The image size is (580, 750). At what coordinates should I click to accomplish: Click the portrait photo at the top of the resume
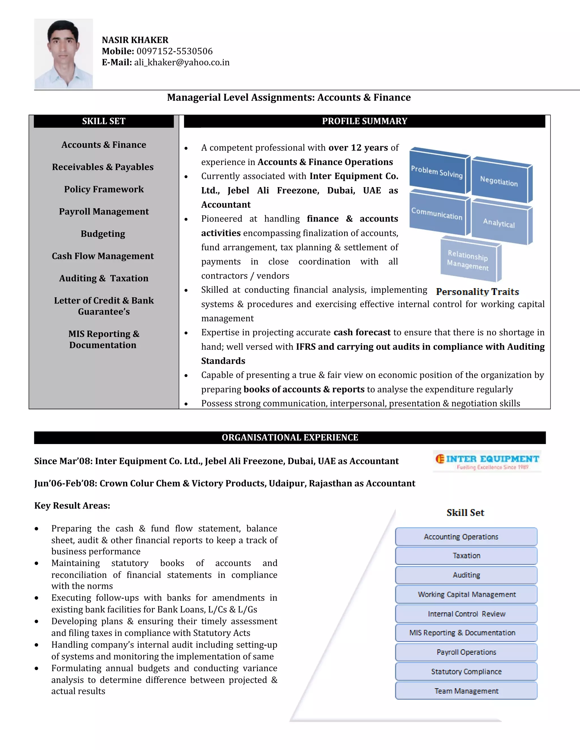pyautogui.click(x=63, y=53)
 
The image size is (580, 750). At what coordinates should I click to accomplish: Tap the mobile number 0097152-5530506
pyautogui.click(x=174, y=51)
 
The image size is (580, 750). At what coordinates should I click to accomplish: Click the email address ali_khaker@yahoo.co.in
pyautogui.click(x=182, y=63)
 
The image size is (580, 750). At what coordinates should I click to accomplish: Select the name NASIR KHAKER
pyautogui.click(x=135, y=40)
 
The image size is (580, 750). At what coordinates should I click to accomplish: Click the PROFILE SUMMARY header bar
pyautogui.click(x=364, y=121)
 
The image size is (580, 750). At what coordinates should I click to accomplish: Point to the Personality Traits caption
pyautogui.click(x=477, y=292)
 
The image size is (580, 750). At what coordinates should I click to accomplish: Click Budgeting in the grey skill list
pyautogui.click(x=103, y=234)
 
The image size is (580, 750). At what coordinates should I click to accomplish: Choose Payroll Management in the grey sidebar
pyautogui.click(x=104, y=211)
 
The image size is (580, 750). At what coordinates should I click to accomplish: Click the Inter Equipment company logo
pyautogui.click(x=487, y=462)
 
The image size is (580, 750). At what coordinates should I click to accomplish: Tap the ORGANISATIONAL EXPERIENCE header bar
pyautogui.click(x=290, y=438)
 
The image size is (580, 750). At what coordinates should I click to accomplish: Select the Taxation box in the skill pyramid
pyautogui.click(x=466, y=556)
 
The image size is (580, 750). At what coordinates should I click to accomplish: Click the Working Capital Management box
pyautogui.click(x=466, y=594)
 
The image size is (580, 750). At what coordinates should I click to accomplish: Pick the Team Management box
pyautogui.click(x=466, y=691)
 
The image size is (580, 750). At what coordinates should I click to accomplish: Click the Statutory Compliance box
pyautogui.click(x=466, y=671)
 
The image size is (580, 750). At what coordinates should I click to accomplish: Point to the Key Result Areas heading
pyautogui.click(x=72, y=506)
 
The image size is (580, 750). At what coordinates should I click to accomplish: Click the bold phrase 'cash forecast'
pyautogui.click(x=362, y=333)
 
